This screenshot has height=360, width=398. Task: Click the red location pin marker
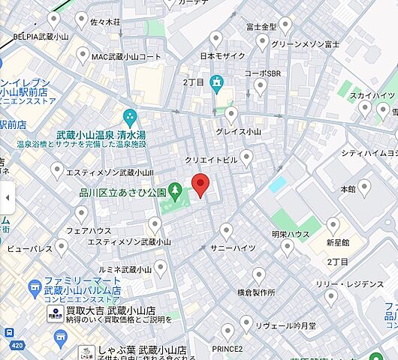tap(200, 184)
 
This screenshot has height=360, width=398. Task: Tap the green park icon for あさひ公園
tap(176, 191)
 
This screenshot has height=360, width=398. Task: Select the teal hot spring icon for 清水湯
tap(130, 117)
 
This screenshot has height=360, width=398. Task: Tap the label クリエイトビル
tap(211, 160)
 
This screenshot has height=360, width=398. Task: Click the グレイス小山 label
tap(238, 130)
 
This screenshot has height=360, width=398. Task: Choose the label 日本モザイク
tap(224, 56)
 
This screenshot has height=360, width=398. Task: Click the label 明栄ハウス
tap(290, 235)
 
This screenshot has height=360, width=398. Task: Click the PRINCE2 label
tap(228, 348)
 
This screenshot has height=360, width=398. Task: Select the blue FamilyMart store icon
tap(34, 287)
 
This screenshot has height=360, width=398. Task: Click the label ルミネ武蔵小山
tap(126, 269)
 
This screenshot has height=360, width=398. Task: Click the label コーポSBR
tap(263, 73)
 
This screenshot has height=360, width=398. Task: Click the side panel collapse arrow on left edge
tap(7, 197)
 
